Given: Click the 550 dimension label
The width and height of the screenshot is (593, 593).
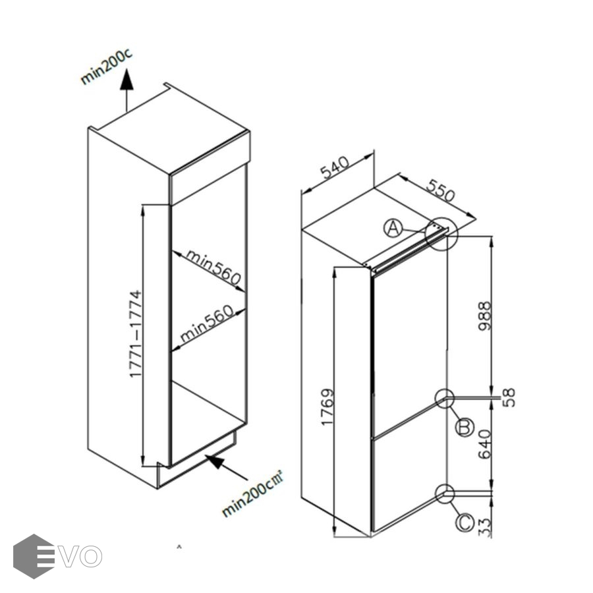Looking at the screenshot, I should click(440, 190).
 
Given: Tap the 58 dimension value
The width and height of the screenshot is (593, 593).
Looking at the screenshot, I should click(508, 397).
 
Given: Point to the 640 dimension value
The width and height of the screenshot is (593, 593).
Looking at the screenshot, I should click(486, 445).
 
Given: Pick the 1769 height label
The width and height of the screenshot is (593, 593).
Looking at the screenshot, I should click(327, 407).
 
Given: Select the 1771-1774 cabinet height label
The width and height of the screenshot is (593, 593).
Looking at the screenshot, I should click(136, 333).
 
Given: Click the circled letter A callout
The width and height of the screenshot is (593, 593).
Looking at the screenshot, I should click(393, 229).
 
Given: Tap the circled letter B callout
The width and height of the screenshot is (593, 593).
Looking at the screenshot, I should click(465, 428).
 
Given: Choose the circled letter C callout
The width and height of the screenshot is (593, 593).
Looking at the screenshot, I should click(465, 523).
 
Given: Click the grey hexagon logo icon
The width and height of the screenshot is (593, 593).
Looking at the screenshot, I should click(34, 556).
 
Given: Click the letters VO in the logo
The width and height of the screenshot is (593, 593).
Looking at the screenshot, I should click(81, 556).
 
